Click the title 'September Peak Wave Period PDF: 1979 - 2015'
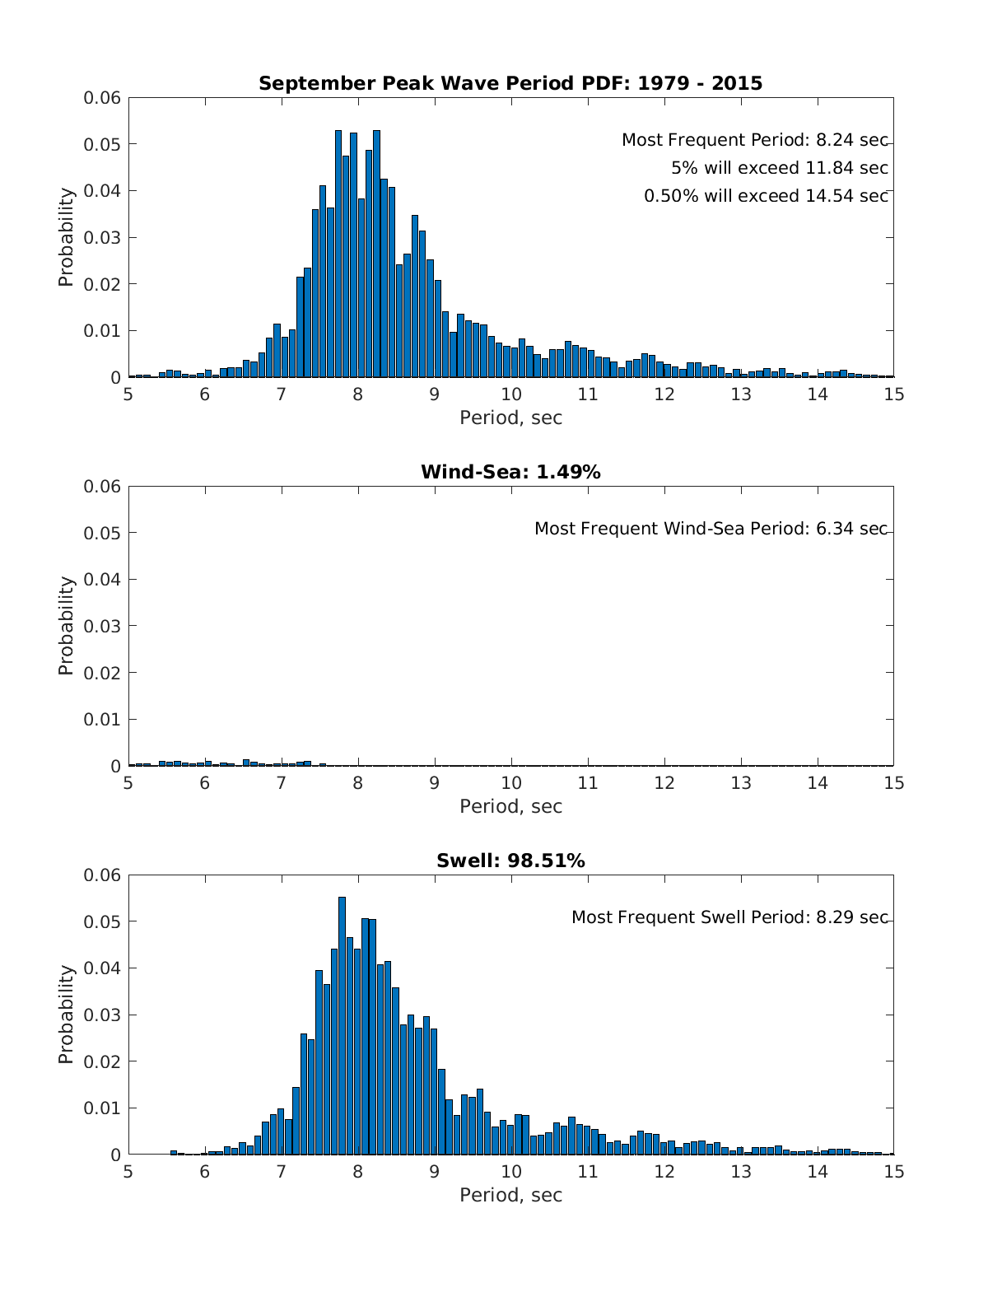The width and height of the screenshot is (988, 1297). pyautogui.click(x=510, y=83)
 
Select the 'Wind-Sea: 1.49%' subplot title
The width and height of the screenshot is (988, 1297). pyautogui.click(x=510, y=472)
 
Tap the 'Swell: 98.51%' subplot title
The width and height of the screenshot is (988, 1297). pyautogui.click(x=510, y=861)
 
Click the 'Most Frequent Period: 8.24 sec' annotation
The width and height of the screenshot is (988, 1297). pyautogui.click(x=754, y=140)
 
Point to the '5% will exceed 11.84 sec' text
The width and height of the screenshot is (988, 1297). pyautogui.click(x=779, y=168)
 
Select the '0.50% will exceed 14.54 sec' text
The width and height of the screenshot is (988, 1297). pyautogui.click(x=766, y=196)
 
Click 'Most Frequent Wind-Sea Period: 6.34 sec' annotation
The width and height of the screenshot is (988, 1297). pyautogui.click(x=711, y=529)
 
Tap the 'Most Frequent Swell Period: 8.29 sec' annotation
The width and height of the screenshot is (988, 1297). pyautogui.click(x=729, y=917)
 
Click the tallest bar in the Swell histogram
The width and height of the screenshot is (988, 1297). pyautogui.click(x=342, y=1025)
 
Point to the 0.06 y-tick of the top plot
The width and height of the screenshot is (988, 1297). pyautogui.click(x=102, y=98)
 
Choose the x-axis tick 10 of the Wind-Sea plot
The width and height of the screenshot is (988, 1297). pyautogui.click(x=511, y=782)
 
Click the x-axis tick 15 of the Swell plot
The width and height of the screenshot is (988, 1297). pyautogui.click(x=893, y=1171)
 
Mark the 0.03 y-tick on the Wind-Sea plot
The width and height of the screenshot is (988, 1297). pyautogui.click(x=102, y=626)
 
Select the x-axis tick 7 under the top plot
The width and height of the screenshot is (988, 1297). pyautogui.click(x=281, y=394)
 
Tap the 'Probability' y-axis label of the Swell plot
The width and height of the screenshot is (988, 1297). pyautogui.click(x=66, y=1014)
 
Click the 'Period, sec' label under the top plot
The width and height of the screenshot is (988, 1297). pyautogui.click(x=510, y=418)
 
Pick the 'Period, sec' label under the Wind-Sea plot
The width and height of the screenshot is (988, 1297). pyautogui.click(x=510, y=806)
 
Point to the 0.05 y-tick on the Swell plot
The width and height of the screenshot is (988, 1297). pyautogui.click(x=102, y=921)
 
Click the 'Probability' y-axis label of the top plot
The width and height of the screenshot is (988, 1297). pyautogui.click(x=66, y=237)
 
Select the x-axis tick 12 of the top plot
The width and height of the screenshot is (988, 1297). pyautogui.click(x=664, y=394)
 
